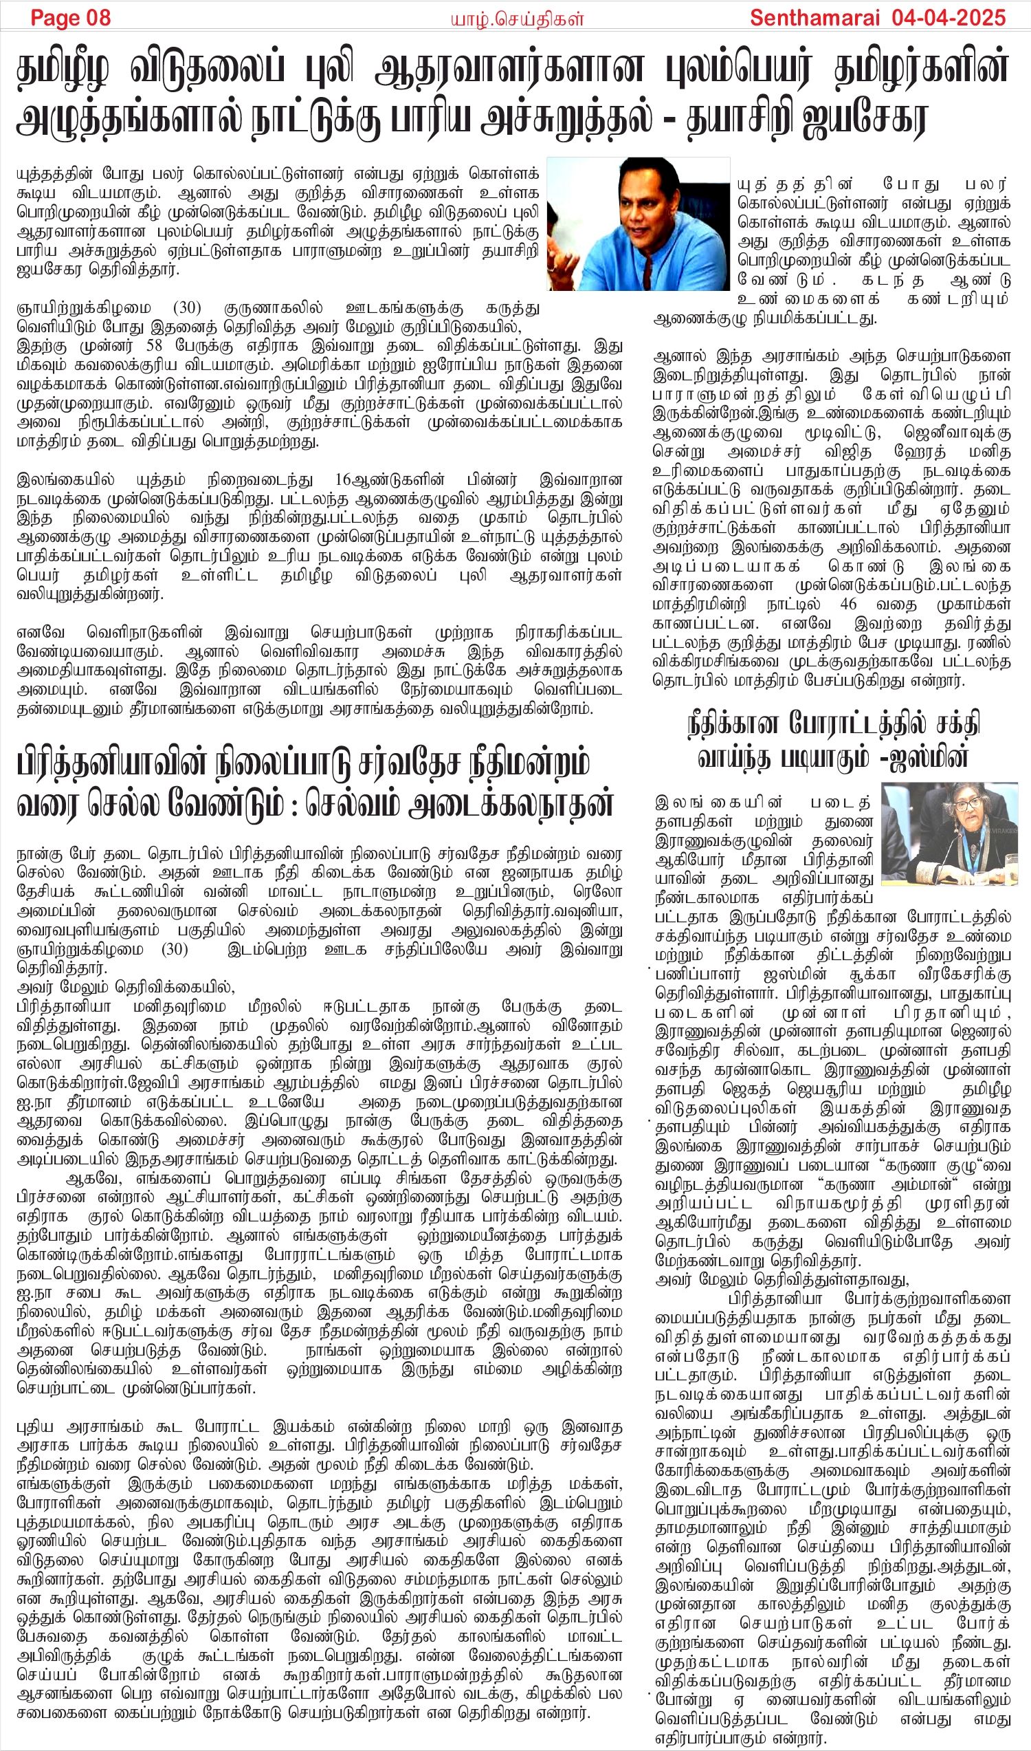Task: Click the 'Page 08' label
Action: tap(70, 17)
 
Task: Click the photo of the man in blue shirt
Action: tap(638, 224)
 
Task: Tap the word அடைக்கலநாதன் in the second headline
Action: tap(511, 804)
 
